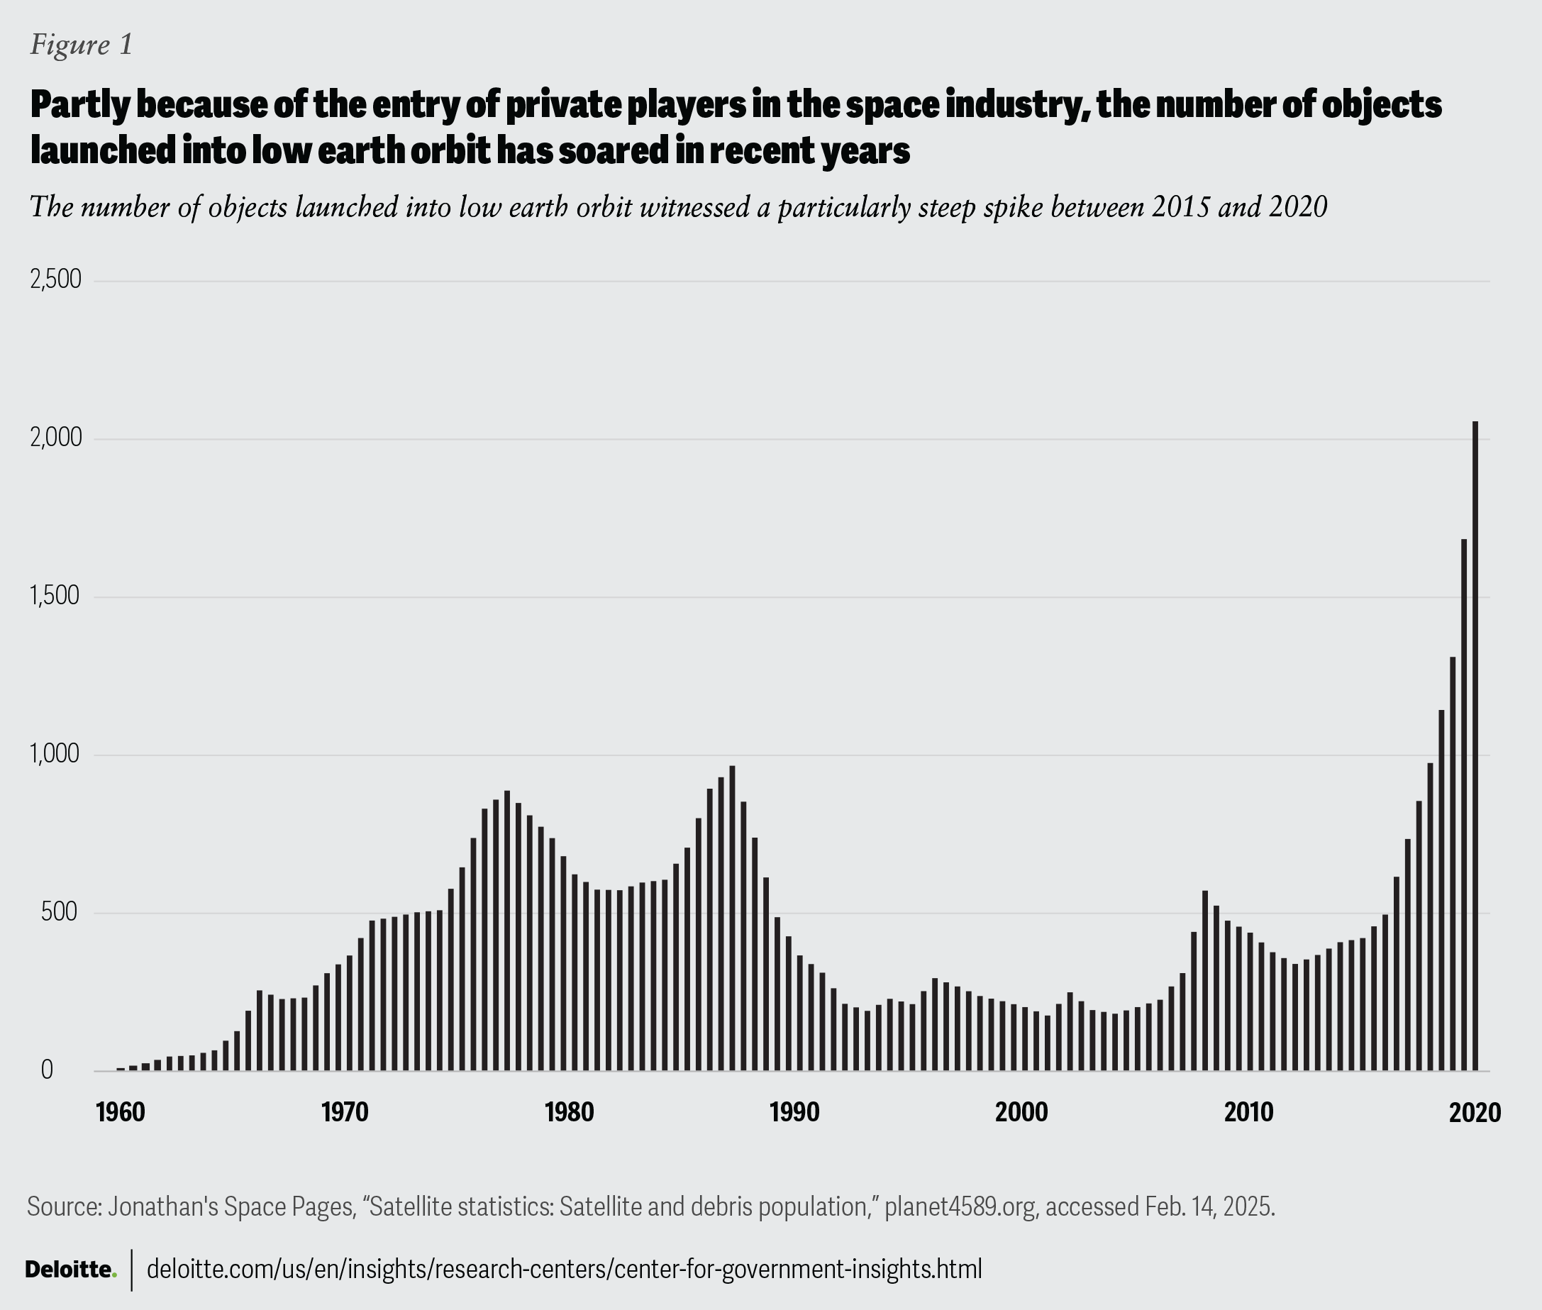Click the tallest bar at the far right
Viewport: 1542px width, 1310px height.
click(1475, 745)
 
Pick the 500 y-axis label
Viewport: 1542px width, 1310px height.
click(60, 913)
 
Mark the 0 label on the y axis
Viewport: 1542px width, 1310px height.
click(47, 1070)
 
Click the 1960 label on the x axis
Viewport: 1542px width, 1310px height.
click(121, 1112)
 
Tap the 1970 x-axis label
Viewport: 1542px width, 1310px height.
click(345, 1112)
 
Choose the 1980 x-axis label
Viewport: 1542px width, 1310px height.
click(569, 1112)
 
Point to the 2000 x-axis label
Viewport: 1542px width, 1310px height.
click(1021, 1112)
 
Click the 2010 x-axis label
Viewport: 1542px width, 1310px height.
click(1248, 1112)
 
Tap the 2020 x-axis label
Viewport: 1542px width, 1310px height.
click(1475, 1112)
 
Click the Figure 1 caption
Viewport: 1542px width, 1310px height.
click(81, 45)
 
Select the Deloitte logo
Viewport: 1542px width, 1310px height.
click(70, 1269)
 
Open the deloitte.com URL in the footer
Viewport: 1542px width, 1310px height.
click(564, 1269)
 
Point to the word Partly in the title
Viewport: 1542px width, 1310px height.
click(79, 106)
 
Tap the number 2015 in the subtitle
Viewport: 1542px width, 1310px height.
click(1182, 206)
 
